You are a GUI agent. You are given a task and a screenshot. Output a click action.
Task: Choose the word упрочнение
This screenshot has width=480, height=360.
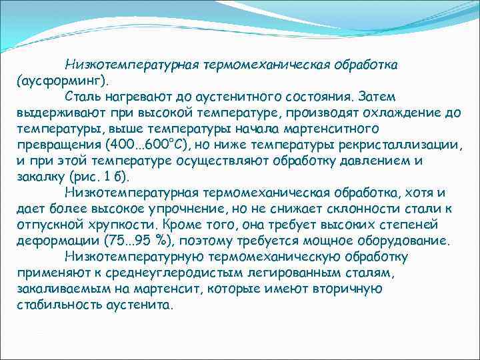pos(171,209)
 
